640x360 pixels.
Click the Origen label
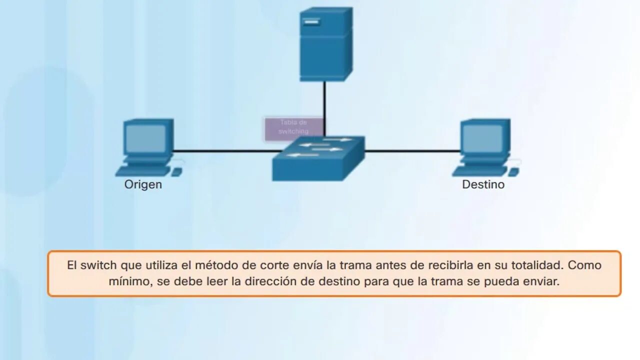pos(143,184)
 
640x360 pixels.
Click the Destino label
pos(483,184)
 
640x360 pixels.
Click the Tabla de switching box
pos(293,127)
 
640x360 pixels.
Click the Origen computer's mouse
pos(176,171)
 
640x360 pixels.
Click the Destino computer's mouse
pos(513,171)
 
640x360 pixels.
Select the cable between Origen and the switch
pos(225,150)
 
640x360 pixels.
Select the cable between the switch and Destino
pos(412,150)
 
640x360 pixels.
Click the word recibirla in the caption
pos(451,265)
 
